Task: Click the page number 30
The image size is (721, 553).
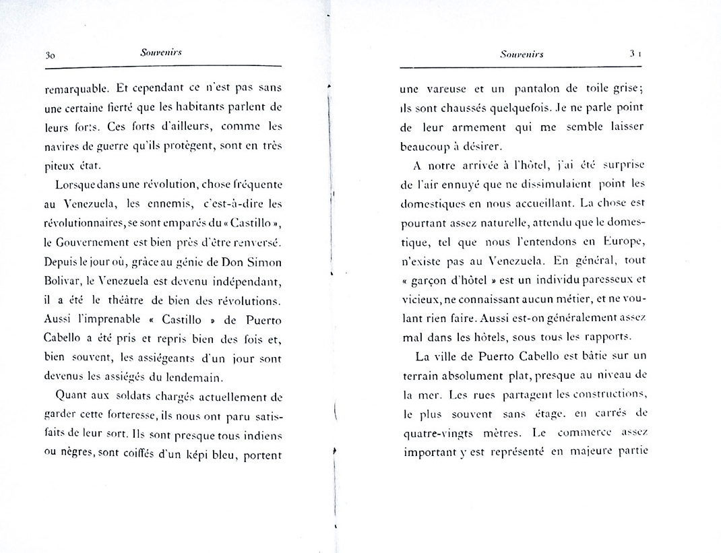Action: pos(49,56)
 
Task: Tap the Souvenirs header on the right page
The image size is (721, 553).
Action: pos(522,55)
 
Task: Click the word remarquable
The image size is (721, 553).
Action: pos(74,88)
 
